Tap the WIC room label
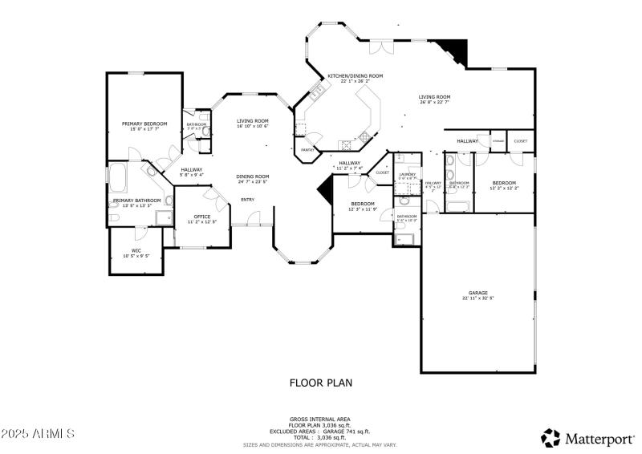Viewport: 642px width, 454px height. click(136, 250)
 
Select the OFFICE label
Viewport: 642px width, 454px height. click(202, 216)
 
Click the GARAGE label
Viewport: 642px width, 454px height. click(478, 293)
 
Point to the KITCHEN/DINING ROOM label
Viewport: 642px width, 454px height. click(355, 76)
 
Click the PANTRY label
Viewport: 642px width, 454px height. click(307, 150)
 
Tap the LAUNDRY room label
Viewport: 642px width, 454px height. click(407, 174)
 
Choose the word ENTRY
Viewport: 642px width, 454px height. click(247, 200)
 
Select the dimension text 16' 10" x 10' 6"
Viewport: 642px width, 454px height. click(252, 126)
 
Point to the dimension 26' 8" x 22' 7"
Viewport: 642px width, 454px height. click(434, 102)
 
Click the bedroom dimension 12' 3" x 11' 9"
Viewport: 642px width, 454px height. click(363, 209)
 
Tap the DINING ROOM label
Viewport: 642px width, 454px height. click(252, 176)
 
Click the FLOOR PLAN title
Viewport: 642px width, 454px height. click(320, 383)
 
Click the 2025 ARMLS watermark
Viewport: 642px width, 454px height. click(38, 434)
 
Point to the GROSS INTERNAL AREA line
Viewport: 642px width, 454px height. click(320, 418)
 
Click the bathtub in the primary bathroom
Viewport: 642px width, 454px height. click(117, 176)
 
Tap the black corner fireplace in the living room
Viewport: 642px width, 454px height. click(455, 51)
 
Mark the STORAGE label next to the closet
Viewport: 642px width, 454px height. click(498, 141)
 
